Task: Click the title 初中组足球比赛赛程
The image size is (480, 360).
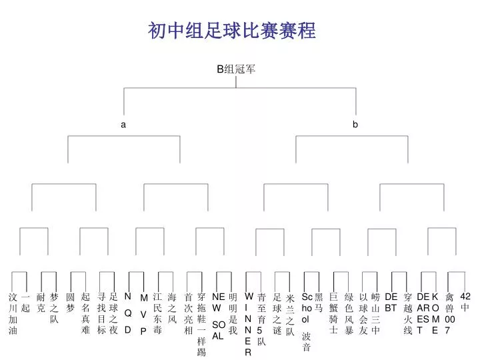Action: [232, 31]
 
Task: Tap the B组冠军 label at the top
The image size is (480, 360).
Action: [236, 69]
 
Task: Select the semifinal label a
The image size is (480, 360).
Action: [123, 125]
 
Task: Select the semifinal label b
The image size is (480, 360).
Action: [355, 124]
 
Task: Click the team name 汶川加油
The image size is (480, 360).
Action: [13, 313]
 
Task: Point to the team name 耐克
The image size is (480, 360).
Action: [41, 303]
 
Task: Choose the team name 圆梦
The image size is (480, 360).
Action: [71, 303]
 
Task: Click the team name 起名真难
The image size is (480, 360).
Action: [85, 313]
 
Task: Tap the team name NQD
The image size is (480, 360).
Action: [128, 313]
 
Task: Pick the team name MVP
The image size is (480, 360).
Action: [143, 315]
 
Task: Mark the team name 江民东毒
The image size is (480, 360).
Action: [157, 313]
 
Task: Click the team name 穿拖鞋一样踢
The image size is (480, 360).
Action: [201, 325]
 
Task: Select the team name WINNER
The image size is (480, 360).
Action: [249, 325]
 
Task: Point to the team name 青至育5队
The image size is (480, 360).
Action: [261, 319]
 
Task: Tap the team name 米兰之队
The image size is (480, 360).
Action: [290, 315]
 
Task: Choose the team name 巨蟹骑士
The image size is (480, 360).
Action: [334, 313]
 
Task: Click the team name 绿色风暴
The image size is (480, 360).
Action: [349, 313]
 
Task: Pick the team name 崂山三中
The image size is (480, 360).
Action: [375, 313]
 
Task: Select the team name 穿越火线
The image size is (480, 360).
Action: [408, 313]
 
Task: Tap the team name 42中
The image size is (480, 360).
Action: [465, 302]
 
